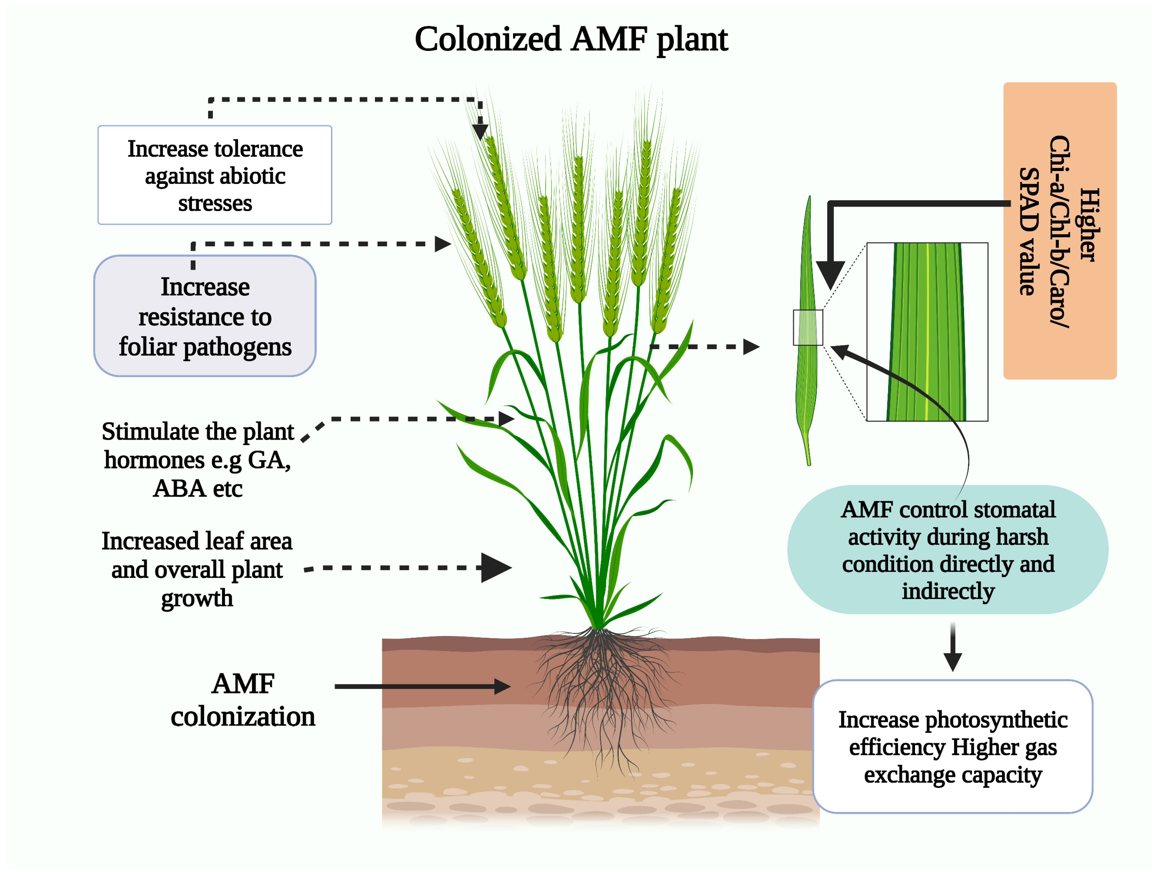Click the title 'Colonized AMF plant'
point(571,39)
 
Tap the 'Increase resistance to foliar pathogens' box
point(205,316)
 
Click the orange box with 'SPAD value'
point(1060,231)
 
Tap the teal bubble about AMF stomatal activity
point(947,550)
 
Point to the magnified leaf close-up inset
point(927,332)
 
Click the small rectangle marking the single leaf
point(808,327)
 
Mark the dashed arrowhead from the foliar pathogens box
point(442,244)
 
